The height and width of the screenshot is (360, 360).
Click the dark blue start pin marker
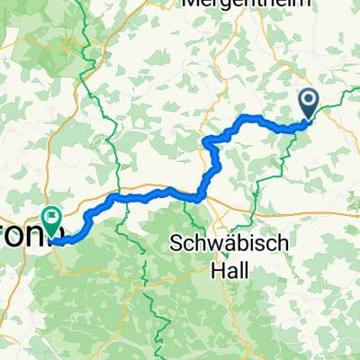[x=307, y=104]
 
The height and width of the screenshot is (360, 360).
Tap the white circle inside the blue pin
[x=307, y=101]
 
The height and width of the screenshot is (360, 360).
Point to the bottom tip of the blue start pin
[x=307, y=120]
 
